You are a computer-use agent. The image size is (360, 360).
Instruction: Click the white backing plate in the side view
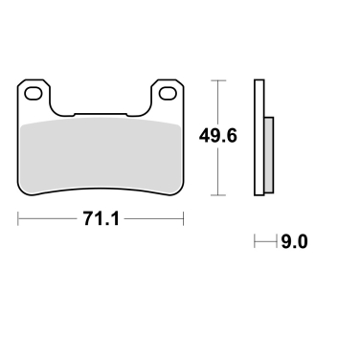[x=259, y=134]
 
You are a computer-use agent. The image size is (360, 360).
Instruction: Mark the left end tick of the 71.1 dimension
[x=18, y=218]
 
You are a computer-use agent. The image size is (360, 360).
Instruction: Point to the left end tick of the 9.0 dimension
[x=254, y=243]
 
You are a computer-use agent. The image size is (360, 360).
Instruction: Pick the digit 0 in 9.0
[x=302, y=243]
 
